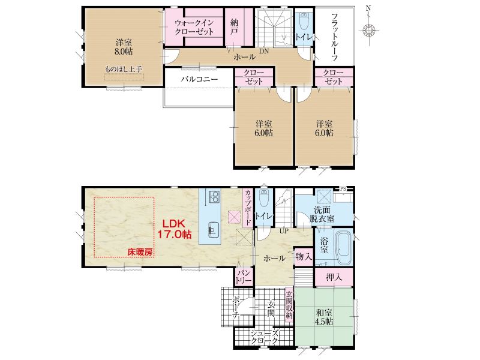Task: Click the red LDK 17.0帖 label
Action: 175,229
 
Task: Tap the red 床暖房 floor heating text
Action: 140,252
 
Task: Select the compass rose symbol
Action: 369,31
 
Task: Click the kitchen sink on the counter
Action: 213,229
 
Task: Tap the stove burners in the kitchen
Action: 214,197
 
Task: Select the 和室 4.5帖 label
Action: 324,317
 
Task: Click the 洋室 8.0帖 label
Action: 124,47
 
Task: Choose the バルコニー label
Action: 199,79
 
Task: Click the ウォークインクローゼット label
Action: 194,27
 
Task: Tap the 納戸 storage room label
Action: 235,26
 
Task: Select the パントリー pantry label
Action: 244,277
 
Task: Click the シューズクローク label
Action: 264,337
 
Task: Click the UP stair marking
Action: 284,231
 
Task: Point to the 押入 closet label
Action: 334,277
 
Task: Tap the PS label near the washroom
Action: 343,189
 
